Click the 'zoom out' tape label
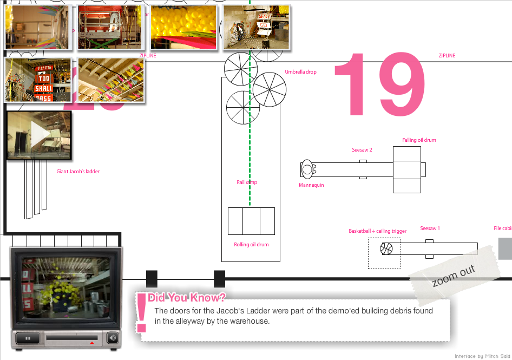[454, 276]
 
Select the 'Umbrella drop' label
[300, 72]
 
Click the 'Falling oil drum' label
[419, 140]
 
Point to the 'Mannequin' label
[311, 185]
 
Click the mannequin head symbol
[307, 169]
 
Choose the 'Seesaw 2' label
[362, 150]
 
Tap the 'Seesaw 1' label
[430, 228]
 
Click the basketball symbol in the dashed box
[386, 248]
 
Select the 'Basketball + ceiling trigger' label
[377, 231]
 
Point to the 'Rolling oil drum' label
[251, 245]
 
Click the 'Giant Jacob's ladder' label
[78, 172]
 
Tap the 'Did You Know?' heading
[186, 297]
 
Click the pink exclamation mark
[142, 313]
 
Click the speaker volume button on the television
[112, 338]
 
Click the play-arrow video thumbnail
[38, 135]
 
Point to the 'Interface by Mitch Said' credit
[482, 356]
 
